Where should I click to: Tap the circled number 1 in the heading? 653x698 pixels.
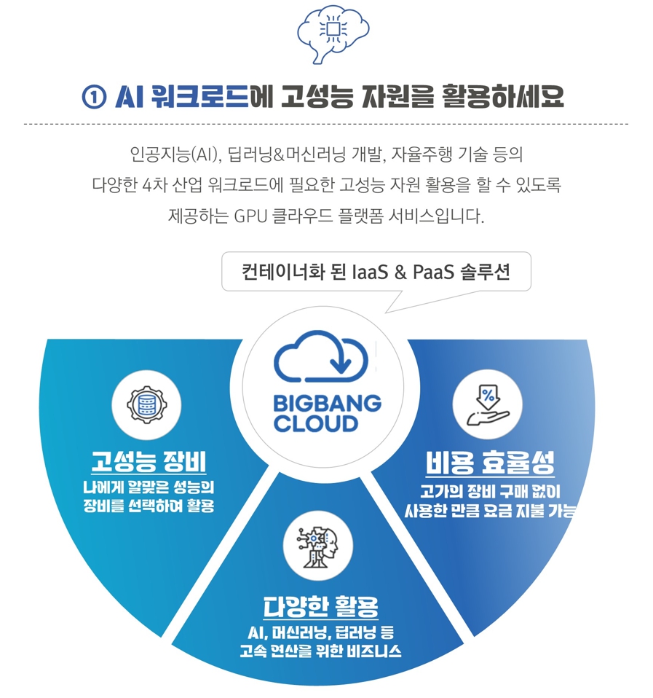95,97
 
